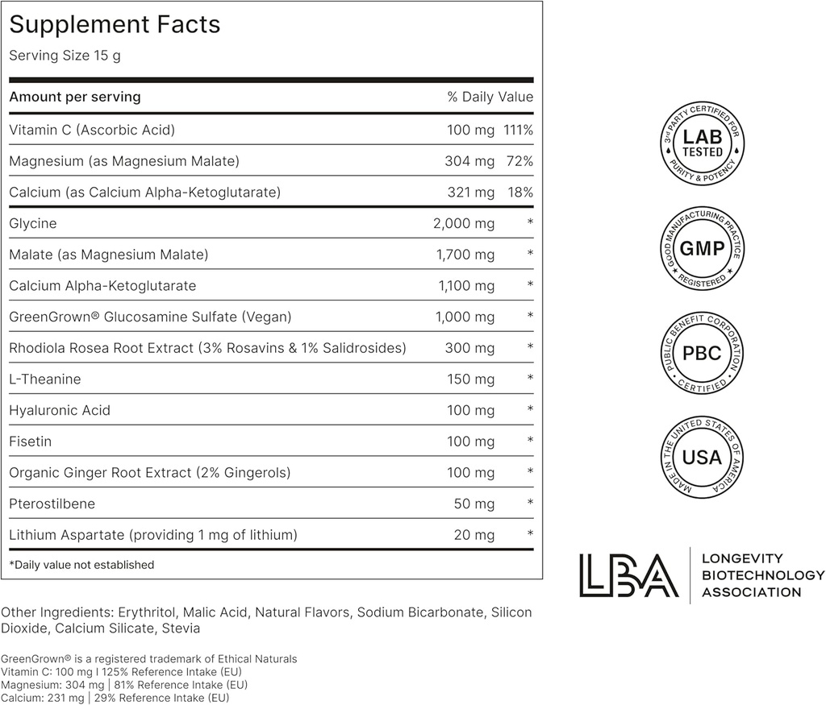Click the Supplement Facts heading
(115, 25)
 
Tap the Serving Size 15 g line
(65, 56)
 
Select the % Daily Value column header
(490, 97)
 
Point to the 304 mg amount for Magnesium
(469, 161)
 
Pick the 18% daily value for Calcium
(521, 193)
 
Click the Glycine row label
(33, 223)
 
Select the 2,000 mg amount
(464, 223)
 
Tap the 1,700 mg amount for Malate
(465, 255)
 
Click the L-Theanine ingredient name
(45, 379)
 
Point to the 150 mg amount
(471, 379)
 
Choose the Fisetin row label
(31, 442)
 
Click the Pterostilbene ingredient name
(52, 504)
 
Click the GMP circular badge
(702, 249)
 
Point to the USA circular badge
(702, 458)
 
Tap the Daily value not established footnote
(81, 565)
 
